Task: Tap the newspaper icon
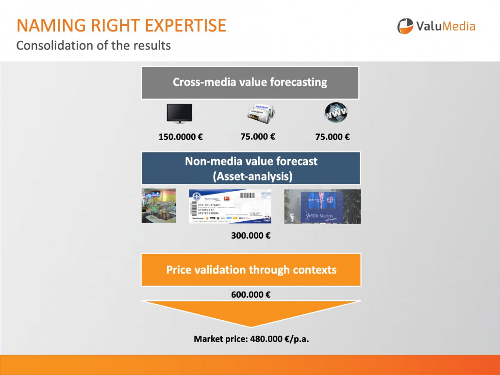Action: tap(260, 112)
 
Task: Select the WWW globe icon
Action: tap(336, 113)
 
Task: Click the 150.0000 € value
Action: tap(181, 137)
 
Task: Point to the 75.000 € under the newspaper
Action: tap(258, 136)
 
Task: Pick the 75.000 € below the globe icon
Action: tap(333, 137)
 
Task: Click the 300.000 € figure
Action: tap(250, 236)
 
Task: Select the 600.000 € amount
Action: tap(250, 293)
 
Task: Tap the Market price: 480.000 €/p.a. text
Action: tap(251, 339)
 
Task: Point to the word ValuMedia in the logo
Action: tap(446, 26)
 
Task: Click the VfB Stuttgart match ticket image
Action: tap(230, 206)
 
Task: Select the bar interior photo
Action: tap(159, 206)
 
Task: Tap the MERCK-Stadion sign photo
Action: tap(322, 206)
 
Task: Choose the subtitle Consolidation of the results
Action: tap(94, 46)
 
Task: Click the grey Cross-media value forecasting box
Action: tap(250, 82)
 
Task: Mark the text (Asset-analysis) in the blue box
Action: tap(251, 176)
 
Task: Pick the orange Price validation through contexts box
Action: tap(251, 270)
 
